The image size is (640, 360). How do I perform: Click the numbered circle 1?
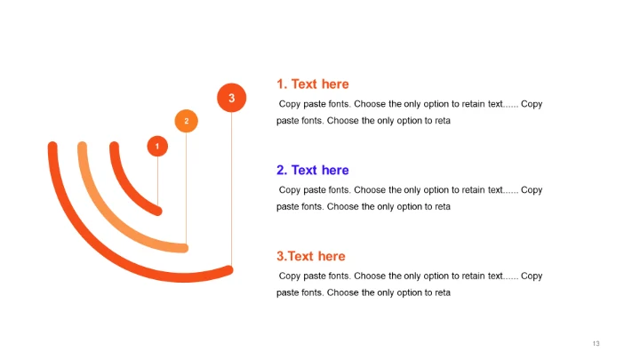[157, 146]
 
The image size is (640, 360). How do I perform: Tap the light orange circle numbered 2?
[187, 121]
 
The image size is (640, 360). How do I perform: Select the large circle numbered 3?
[231, 98]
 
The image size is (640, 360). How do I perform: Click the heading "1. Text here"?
[313, 84]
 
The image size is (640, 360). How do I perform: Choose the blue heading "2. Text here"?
[313, 170]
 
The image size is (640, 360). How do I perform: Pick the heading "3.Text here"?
[311, 256]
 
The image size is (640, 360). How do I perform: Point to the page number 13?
[596, 344]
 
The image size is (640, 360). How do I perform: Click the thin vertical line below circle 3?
[231, 189]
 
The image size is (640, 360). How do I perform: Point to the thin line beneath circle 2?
[186, 188]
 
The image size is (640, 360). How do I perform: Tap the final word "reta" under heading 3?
[443, 292]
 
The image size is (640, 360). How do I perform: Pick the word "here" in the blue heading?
[335, 170]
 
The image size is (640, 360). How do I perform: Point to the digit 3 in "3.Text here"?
[280, 256]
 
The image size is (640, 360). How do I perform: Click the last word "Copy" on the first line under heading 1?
[532, 104]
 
